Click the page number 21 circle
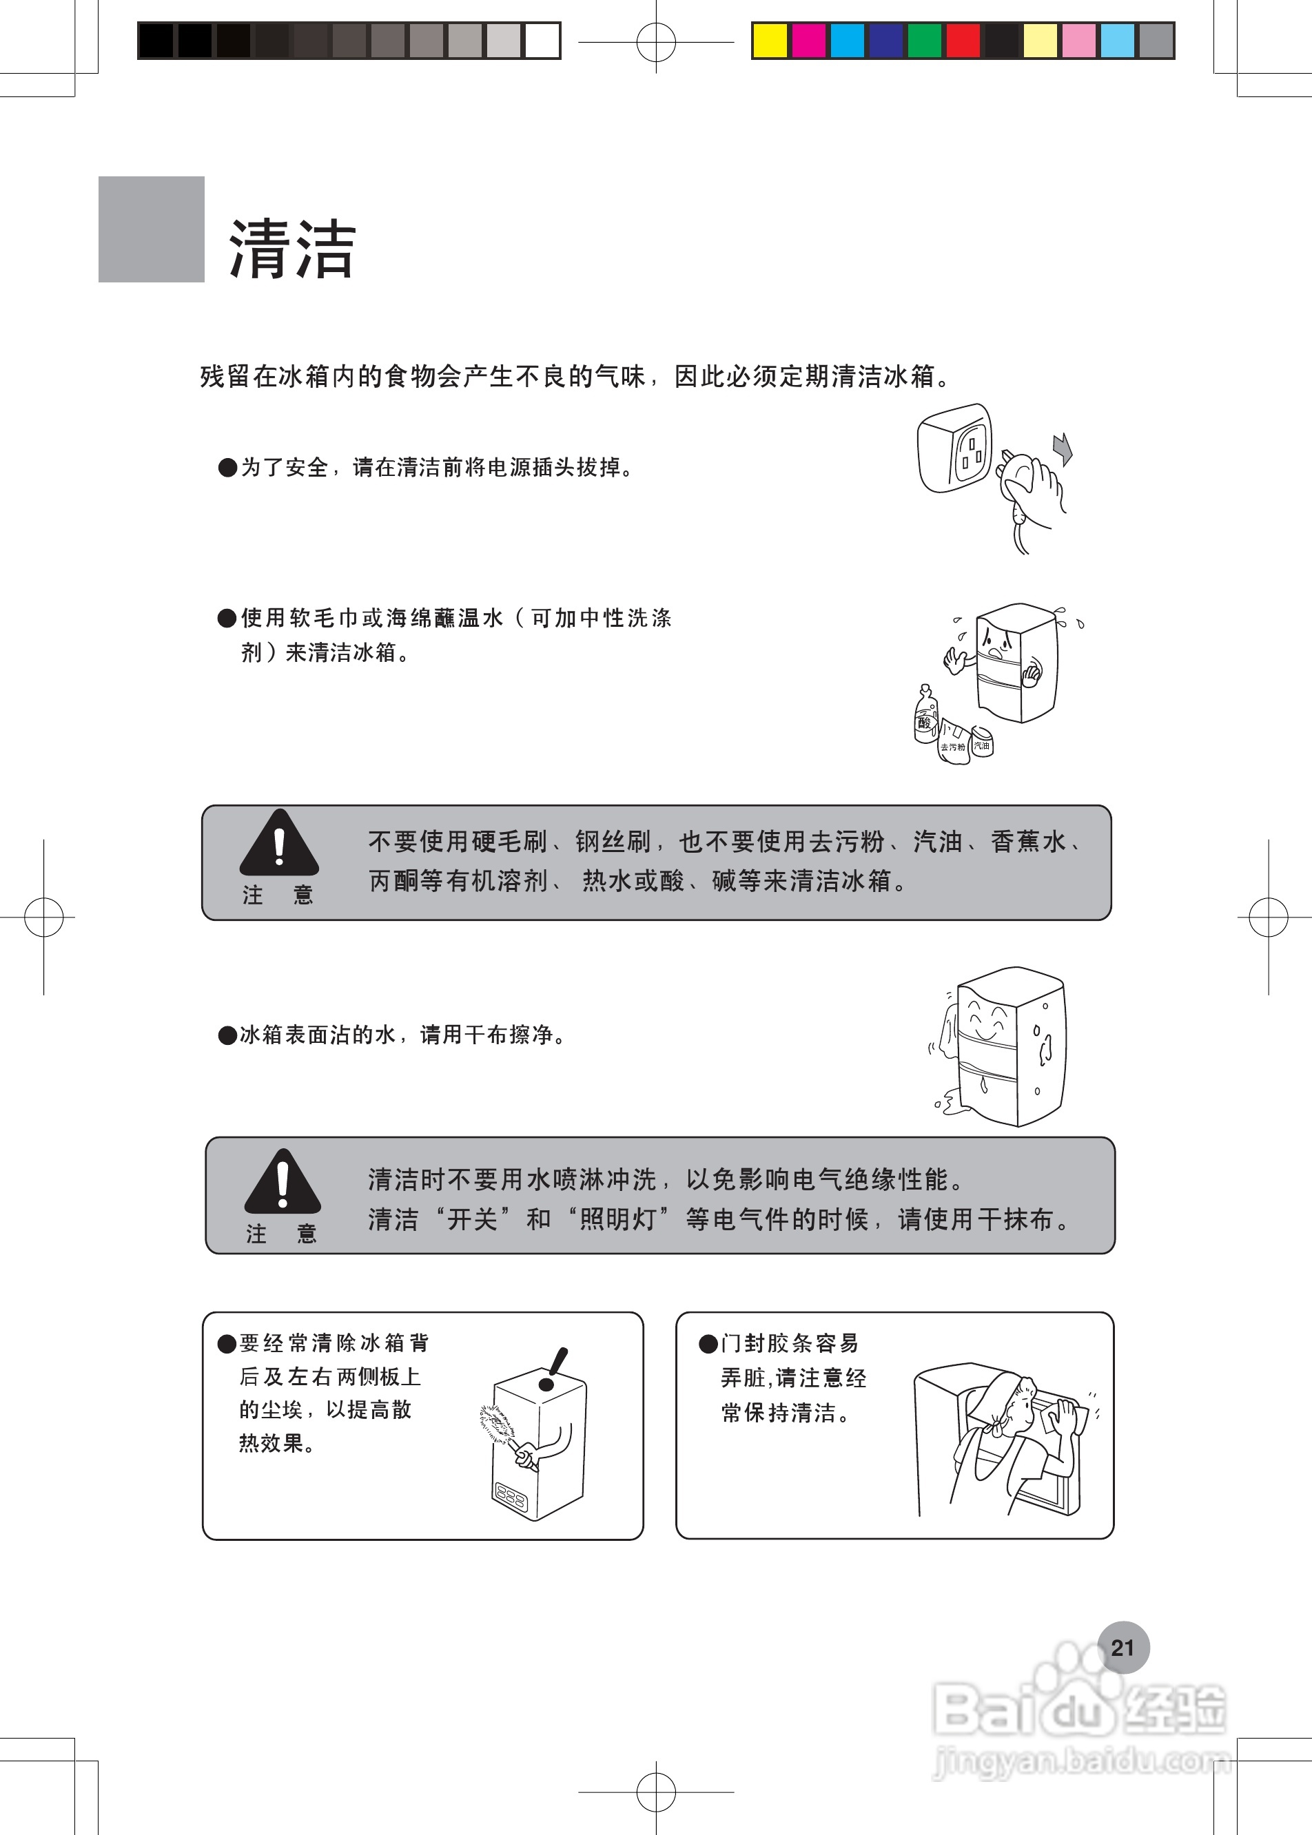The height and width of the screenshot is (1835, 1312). [x=1123, y=1648]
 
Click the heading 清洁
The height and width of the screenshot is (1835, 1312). [x=292, y=249]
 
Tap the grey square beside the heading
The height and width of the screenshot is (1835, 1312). [x=151, y=229]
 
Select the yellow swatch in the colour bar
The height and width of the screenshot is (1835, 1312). [x=769, y=41]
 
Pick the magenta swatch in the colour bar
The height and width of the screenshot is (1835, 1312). [x=808, y=41]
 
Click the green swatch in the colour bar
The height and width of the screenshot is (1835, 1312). [x=924, y=41]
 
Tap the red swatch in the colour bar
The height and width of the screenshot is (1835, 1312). [x=963, y=41]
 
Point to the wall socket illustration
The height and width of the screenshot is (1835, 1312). [x=955, y=448]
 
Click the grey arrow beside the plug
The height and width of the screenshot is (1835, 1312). [x=1063, y=448]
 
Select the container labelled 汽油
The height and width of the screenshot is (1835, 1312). [x=981, y=741]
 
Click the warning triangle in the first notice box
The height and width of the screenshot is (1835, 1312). [x=278, y=844]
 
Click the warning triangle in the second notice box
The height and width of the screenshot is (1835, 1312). [x=282, y=1183]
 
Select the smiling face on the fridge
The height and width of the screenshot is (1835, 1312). [x=985, y=1021]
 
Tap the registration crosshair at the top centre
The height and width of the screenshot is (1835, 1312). [x=656, y=42]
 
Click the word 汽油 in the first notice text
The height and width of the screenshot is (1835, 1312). [x=937, y=842]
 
